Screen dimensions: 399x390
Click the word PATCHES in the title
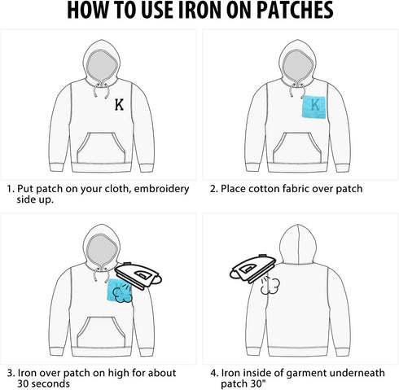coord(295,11)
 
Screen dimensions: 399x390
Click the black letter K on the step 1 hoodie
coord(119,105)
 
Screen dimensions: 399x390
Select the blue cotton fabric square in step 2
coord(314,107)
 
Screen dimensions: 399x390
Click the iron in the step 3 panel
coord(138,276)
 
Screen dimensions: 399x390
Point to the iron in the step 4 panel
coord(252,269)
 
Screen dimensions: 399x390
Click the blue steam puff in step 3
coord(122,295)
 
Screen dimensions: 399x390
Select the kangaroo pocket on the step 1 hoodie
coord(101,148)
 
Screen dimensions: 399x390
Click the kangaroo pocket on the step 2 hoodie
coord(297,148)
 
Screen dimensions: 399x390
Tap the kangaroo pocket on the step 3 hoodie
coord(101,332)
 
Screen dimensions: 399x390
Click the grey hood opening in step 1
coord(102,67)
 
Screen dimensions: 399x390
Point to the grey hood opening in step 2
coord(298,67)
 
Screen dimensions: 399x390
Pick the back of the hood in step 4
coord(298,244)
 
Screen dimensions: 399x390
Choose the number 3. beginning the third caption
coord(11,373)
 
